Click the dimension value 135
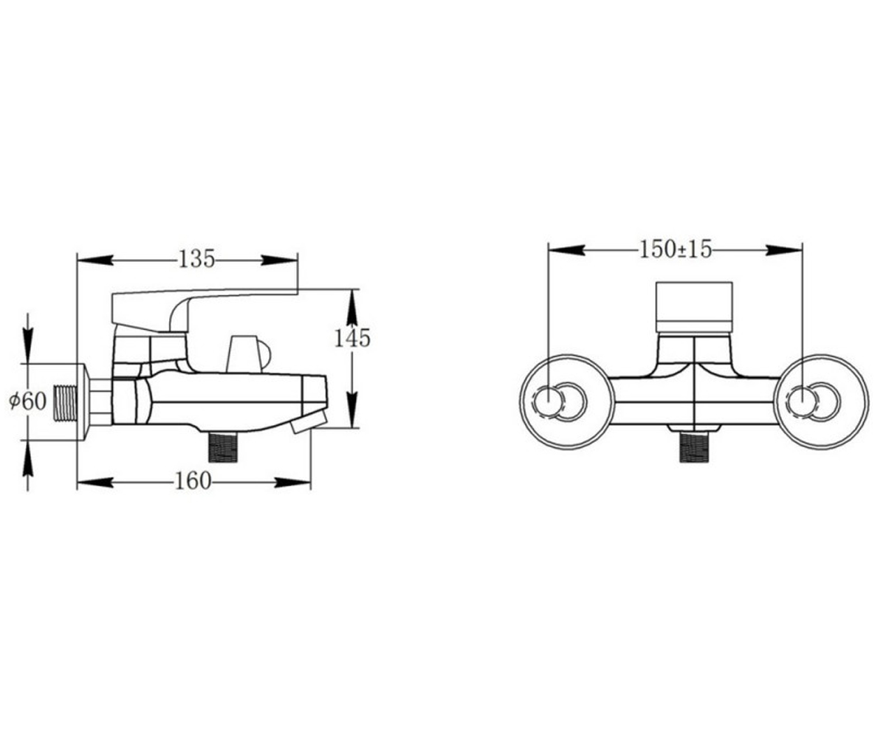point(197,259)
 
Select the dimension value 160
point(193,480)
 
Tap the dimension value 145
point(352,339)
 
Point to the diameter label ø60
point(28,401)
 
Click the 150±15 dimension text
point(675,249)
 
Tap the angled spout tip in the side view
point(309,422)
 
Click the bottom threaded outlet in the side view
point(223,447)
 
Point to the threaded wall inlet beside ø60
point(66,403)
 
